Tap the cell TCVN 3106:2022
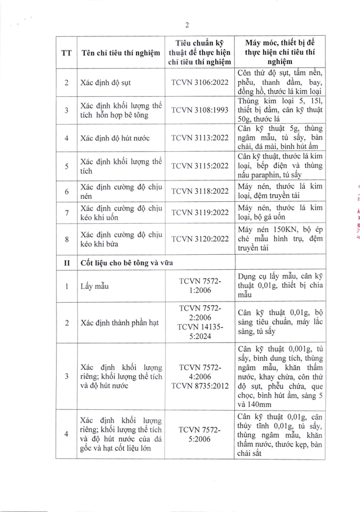point(200,82)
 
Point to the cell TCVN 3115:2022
point(200,167)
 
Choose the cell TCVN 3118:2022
point(200,190)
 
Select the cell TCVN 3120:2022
point(200,236)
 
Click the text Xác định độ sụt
point(106,82)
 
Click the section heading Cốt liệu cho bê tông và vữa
point(126,262)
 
